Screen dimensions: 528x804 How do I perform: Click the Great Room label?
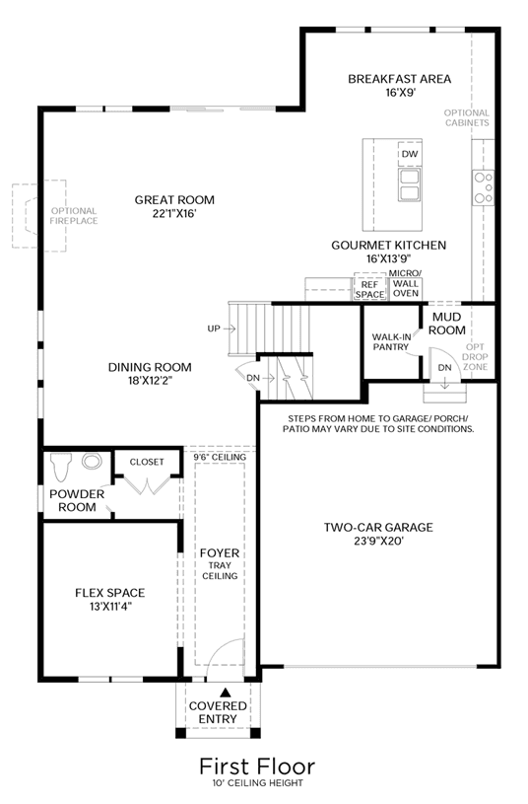[174, 200]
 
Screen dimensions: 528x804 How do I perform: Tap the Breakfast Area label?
[400, 79]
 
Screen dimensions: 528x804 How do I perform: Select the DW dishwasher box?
[410, 154]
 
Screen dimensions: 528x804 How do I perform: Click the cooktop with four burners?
[484, 187]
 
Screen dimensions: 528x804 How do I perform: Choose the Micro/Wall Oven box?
[406, 288]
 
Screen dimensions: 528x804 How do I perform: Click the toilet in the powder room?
[59, 467]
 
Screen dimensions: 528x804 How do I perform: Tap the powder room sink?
[93, 461]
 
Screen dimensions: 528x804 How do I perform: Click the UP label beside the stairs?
[214, 329]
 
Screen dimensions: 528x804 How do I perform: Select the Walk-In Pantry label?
[391, 342]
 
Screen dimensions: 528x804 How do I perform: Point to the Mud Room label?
[447, 324]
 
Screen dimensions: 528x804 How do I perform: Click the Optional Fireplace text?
[74, 216]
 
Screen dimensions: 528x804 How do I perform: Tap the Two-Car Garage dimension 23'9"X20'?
[379, 541]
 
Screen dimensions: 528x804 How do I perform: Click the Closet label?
[147, 462]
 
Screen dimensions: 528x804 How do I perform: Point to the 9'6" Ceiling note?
[220, 457]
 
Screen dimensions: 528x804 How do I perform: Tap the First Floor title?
[257, 767]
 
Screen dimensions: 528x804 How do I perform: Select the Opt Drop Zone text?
[475, 357]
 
